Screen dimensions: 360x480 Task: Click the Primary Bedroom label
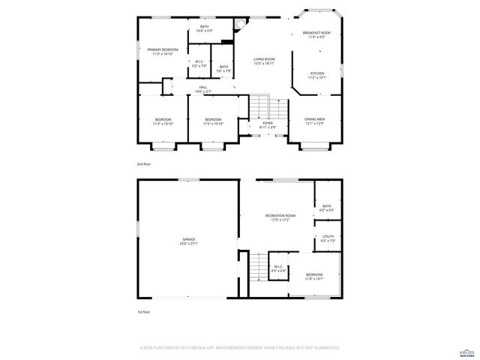tap(163, 49)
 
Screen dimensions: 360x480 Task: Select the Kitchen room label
tap(317, 73)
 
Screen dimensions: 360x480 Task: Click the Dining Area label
tap(315, 119)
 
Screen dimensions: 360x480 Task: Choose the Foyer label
tap(268, 124)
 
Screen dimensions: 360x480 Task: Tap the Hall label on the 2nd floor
tap(202, 87)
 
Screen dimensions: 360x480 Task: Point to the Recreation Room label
tap(280, 216)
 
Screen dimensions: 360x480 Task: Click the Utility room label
tap(328, 236)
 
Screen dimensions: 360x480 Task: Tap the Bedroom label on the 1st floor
tap(314, 274)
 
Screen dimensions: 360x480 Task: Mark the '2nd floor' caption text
tap(143, 163)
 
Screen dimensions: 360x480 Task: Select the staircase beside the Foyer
tap(259, 106)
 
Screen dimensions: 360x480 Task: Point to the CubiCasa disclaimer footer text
tap(240, 348)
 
